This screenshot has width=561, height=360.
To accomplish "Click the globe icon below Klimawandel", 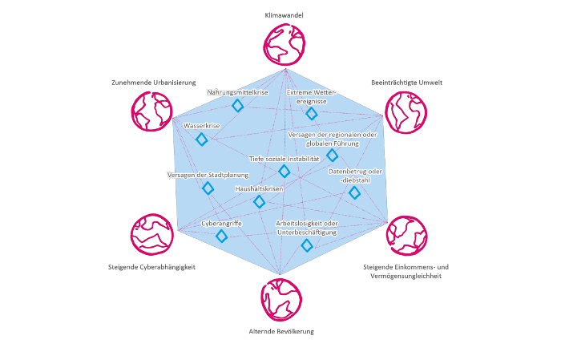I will pyautogui.click(x=286, y=42).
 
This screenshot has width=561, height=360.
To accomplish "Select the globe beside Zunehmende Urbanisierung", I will pyautogui.click(x=151, y=111).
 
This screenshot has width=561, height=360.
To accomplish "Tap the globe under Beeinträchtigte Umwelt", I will pyautogui.click(x=406, y=111).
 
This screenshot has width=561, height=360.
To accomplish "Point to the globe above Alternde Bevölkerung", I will pyautogui.click(x=280, y=299).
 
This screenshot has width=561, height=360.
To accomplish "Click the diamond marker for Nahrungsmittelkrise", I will pyautogui.click(x=237, y=106).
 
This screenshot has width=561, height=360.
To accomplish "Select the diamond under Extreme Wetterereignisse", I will pyautogui.click(x=312, y=114).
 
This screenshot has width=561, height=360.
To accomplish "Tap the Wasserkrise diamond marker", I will pyautogui.click(x=202, y=140).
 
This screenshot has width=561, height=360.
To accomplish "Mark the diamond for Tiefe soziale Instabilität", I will pyautogui.click(x=284, y=171).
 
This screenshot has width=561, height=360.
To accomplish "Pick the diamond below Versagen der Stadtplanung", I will pyautogui.click(x=208, y=188).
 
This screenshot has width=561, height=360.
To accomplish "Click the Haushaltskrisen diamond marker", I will pyautogui.click(x=259, y=201).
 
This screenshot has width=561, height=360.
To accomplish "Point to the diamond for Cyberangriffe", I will pyautogui.click(x=222, y=236).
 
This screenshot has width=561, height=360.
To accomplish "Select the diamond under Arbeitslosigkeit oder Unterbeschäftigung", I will pyautogui.click(x=306, y=245).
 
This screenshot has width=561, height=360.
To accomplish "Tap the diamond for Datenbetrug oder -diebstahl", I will pyautogui.click(x=355, y=192).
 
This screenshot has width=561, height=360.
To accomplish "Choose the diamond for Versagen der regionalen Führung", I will pyautogui.click(x=333, y=155).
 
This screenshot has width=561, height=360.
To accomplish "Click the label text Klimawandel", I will pyautogui.click(x=285, y=15).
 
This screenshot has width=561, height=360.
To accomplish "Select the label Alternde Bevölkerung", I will pyautogui.click(x=281, y=330).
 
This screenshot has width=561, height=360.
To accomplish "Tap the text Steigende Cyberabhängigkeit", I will pyautogui.click(x=151, y=267).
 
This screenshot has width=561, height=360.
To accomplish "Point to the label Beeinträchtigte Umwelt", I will pyautogui.click(x=407, y=83).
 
